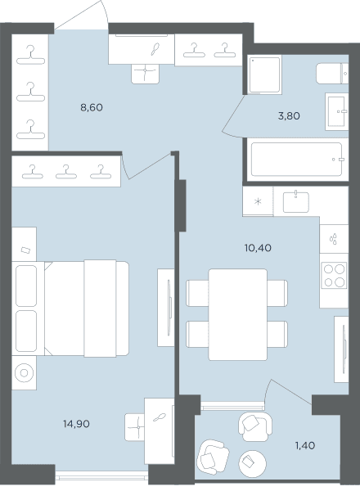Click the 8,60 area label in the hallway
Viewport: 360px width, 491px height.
click(x=92, y=108)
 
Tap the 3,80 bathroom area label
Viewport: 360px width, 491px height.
click(x=289, y=116)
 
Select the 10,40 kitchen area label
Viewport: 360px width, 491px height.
click(x=258, y=248)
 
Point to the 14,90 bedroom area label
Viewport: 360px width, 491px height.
click(x=76, y=424)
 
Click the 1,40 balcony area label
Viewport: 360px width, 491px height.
click(x=305, y=446)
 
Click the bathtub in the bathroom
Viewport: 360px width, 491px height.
click(x=296, y=160)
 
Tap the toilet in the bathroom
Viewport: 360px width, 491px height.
click(x=332, y=74)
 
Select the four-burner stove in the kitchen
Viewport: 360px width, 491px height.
click(x=334, y=275)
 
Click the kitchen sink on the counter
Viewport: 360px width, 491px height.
click(x=296, y=202)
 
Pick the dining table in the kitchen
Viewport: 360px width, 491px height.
click(x=238, y=314)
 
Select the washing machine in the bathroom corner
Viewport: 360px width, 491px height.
click(x=264, y=74)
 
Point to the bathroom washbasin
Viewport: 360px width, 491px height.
click(x=337, y=111)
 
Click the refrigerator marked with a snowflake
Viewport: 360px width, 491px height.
click(x=258, y=201)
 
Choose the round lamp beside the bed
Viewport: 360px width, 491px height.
click(x=24, y=373)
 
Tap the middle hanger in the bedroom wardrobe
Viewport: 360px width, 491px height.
click(x=66, y=172)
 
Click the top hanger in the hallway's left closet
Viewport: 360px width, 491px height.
click(x=30, y=55)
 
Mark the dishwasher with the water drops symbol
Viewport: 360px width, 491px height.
click(x=334, y=239)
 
